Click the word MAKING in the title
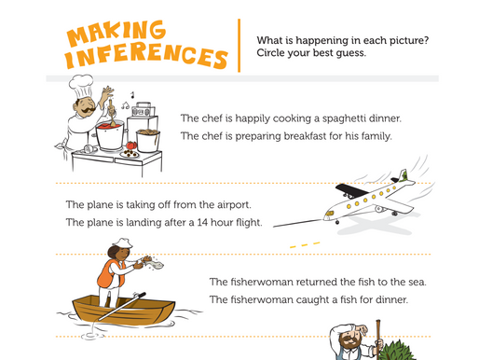(x=116, y=33)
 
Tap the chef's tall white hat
(x=81, y=86)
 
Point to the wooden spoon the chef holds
(x=112, y=113)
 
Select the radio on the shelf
(x=143, y=110)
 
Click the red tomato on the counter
(x=131, y=145)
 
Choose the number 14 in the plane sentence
(x=202, y=223)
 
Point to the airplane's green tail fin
(x=404, y=175)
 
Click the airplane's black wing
(x=351, y=189)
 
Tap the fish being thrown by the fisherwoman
(x=156, y=265)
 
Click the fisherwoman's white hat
(x=123, y=242)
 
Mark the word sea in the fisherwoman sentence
(x=417, y=283)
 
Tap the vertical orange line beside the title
(x=239, y=46)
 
